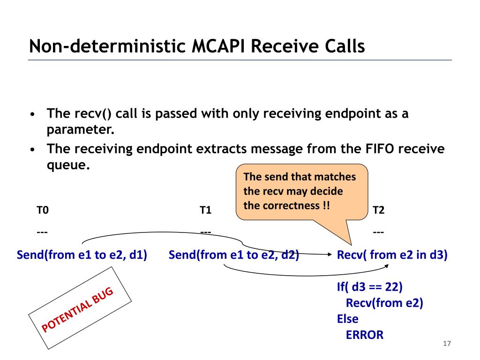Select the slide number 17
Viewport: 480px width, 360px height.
pyautogui.click(x=447, y=344)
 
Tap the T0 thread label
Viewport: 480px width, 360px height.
pyautogui.click(x=43, y=210)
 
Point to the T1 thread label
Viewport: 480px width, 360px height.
pyautogui.click(x=205, y=210)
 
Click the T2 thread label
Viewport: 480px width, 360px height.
pyautogui.click(x=379, y=210)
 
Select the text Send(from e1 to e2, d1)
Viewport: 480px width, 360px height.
pyautogui.click(x=82, y=255)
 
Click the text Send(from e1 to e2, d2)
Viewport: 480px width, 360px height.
pyautogui.click(x=234, y=255)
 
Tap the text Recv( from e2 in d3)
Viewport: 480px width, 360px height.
pyautogui.click(x=392, y=255)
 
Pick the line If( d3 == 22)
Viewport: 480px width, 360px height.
pyautogui.click(x=370, y=287)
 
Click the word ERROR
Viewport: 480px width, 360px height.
pyautogui.click(x=365, y=335)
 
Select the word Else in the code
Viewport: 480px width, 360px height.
pyautogui.click(x=347, y=319)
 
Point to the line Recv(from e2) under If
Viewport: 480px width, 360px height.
pyautogui.click(x=384, y=303)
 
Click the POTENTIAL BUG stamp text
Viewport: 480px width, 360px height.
pyautogui.click(x=78, y=309)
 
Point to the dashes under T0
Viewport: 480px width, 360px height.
pyautogui.click(x=42, y=232)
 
